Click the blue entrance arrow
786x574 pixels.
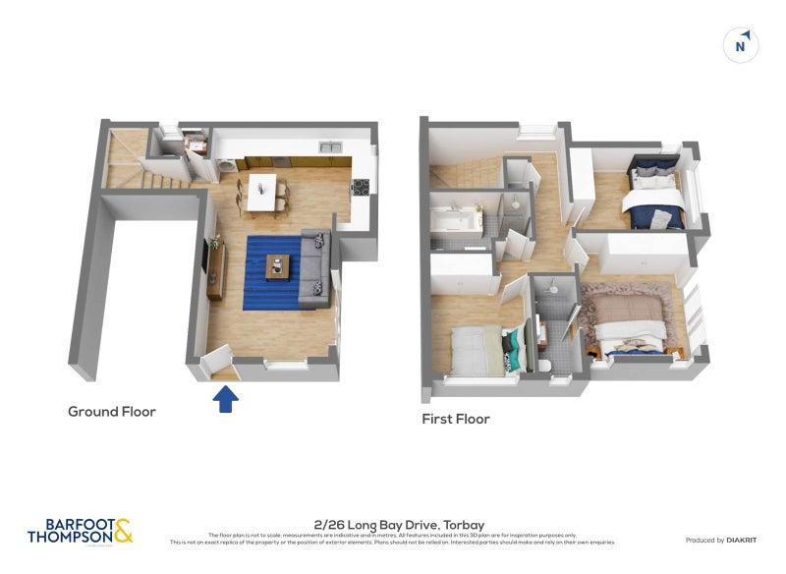pos(226,398)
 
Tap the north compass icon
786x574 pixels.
pos(742,45)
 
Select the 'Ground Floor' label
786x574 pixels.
pos(111,412)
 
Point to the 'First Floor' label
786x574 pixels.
pos(456,419)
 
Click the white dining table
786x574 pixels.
pos(260,192)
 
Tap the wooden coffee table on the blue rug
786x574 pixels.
pos(279,264)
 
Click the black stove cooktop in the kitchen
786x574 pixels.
pos(361,188)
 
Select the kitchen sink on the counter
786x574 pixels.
pos(329,149)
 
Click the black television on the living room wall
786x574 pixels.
pos(206,258)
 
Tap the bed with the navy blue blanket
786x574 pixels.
pos(651,195)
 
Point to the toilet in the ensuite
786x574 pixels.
pos(544,365)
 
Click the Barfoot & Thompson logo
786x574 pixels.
pos(80,532)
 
